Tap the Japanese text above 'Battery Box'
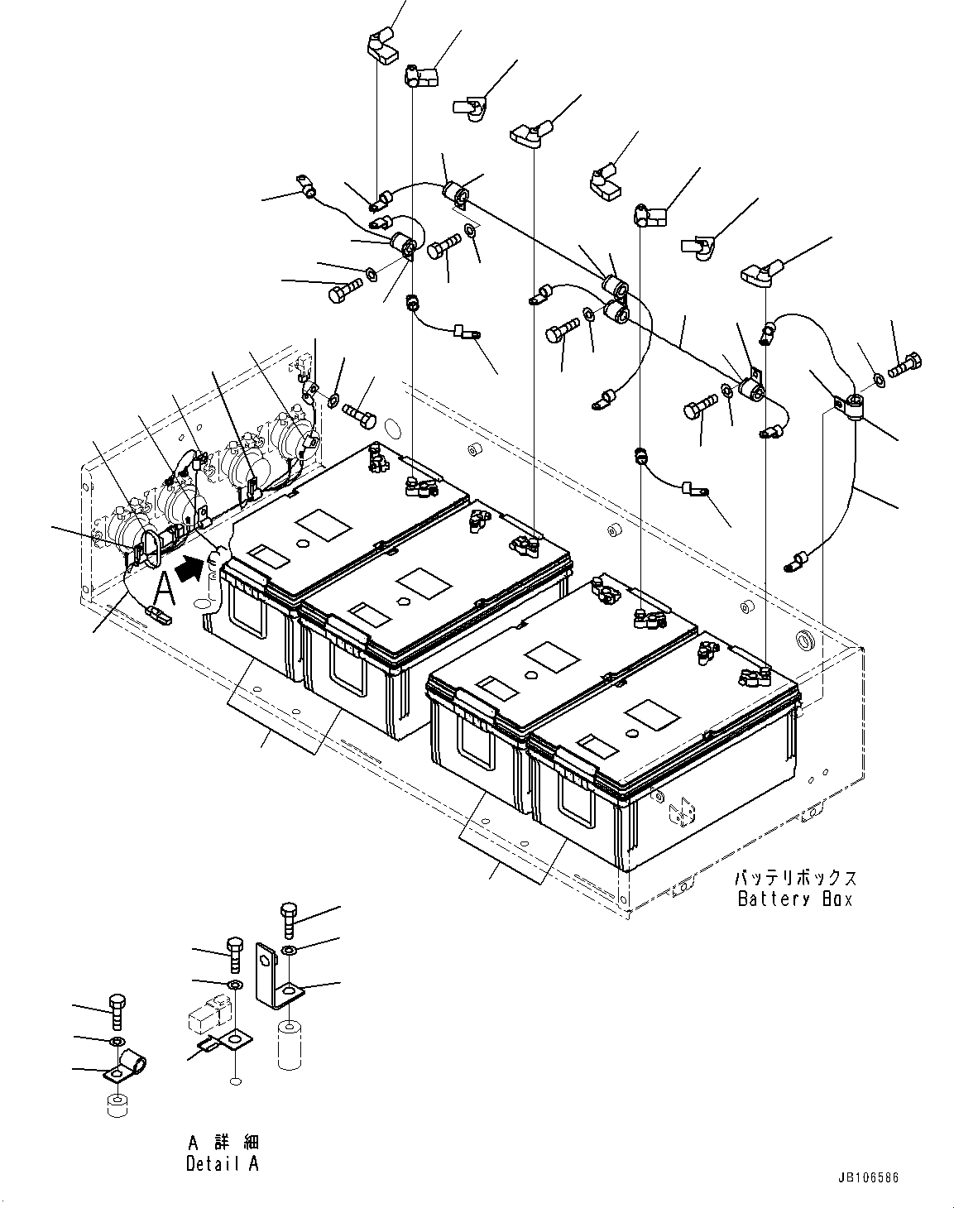point(794,878)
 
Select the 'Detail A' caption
point(223,1163)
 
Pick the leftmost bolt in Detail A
point(117,1012)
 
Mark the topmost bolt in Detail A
point(289,918)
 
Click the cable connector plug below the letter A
point(157,615)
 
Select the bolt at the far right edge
point(907,363)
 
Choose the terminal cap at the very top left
point(380,45)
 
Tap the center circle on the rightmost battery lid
point(631,733)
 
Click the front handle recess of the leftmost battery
point(248,614)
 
